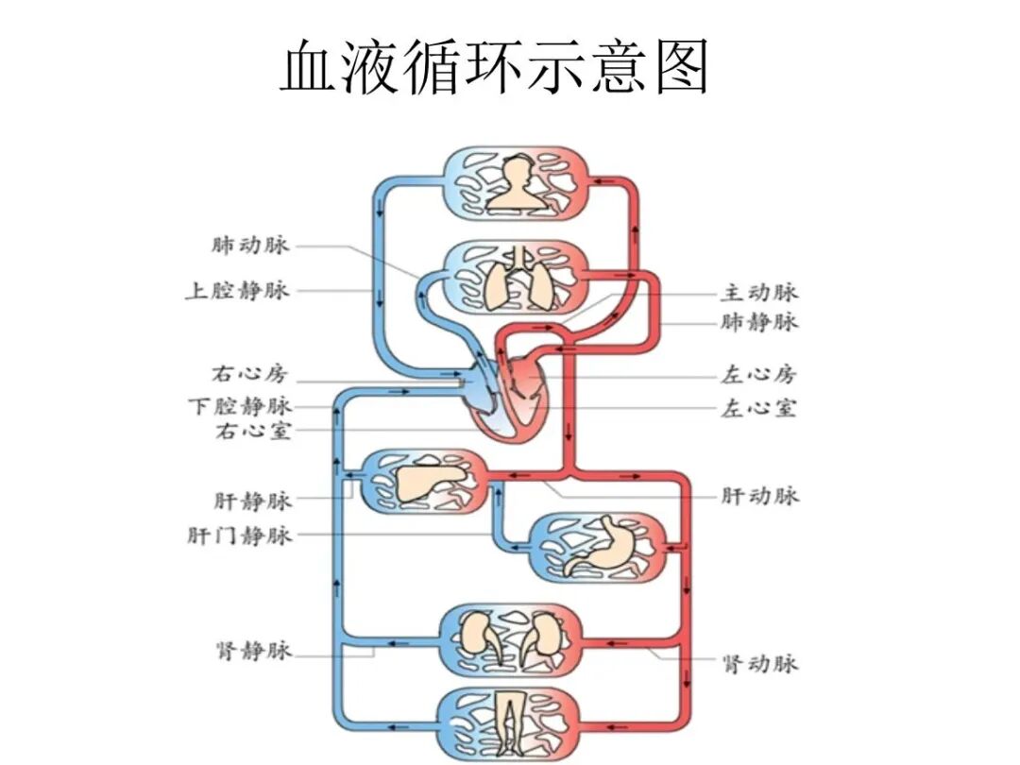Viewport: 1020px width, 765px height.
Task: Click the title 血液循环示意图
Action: point(495,66)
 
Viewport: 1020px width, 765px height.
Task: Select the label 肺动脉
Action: point(250,246)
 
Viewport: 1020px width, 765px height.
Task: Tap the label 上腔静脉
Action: point(236,291)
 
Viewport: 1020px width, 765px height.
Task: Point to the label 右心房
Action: point(249,374)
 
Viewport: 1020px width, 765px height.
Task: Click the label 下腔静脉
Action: point(239,407)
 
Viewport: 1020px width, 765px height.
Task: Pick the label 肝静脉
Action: point(253,501)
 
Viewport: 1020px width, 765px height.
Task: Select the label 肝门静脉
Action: point(240,535)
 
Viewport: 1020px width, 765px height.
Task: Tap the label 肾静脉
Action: point(253,652)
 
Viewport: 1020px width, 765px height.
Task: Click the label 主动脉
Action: point(759,293)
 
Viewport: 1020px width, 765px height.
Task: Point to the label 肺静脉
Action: point(759,323)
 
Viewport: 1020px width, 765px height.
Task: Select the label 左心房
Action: point(759,375)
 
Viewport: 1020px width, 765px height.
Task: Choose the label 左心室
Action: point(759,409)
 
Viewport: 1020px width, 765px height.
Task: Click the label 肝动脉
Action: point(759,496)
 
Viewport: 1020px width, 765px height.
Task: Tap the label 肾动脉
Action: point(759,663)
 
